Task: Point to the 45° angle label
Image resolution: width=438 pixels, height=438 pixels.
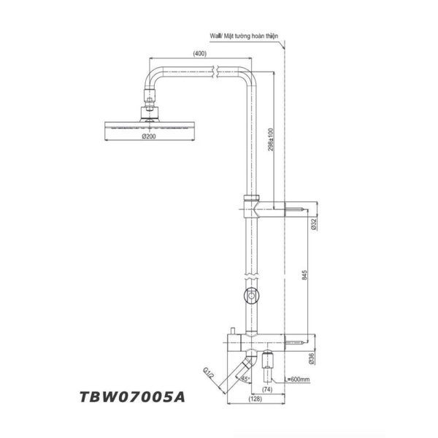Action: tap(246, 380)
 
